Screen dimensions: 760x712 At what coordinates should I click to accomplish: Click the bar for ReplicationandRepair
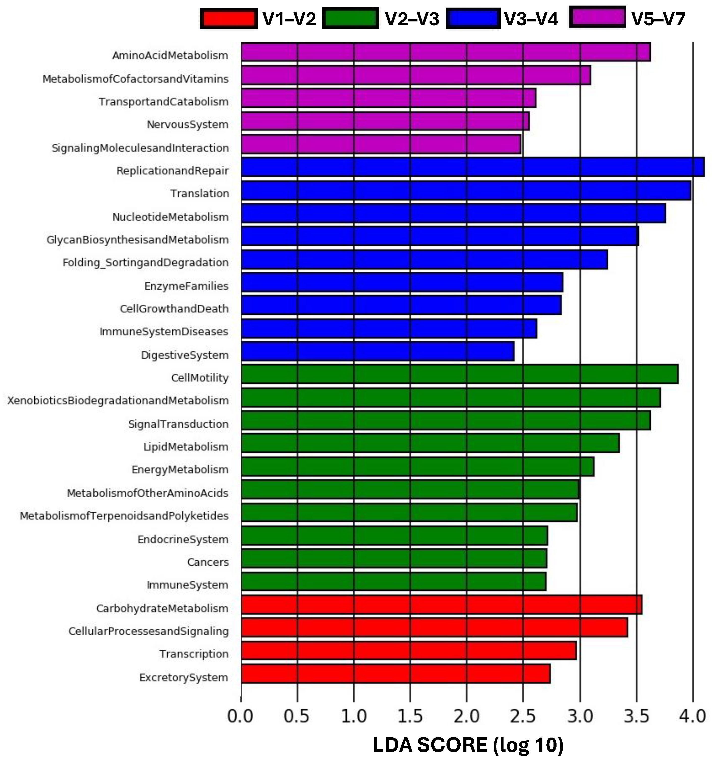[x=472, y=167]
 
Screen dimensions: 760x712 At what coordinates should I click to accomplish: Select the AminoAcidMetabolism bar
[x=446, y=52]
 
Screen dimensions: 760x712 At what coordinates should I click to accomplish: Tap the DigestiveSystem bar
[x=378, y=351]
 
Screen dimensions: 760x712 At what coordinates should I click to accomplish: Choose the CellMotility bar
[x=460, y=374]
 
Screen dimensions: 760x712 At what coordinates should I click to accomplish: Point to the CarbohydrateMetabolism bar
[x=441, y=605]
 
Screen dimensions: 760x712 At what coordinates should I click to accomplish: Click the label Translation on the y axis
[x=200, y=193]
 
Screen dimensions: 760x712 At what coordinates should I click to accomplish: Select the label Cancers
[x=208, y=562]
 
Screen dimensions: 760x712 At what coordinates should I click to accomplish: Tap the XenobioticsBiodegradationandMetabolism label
[x=118, y=401]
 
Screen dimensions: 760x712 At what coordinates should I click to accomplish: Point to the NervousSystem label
[x=188, y=125]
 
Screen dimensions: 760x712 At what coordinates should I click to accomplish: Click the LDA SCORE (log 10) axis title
[x=468, y=745]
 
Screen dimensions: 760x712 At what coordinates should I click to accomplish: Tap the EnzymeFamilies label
[x=186, y=286]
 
